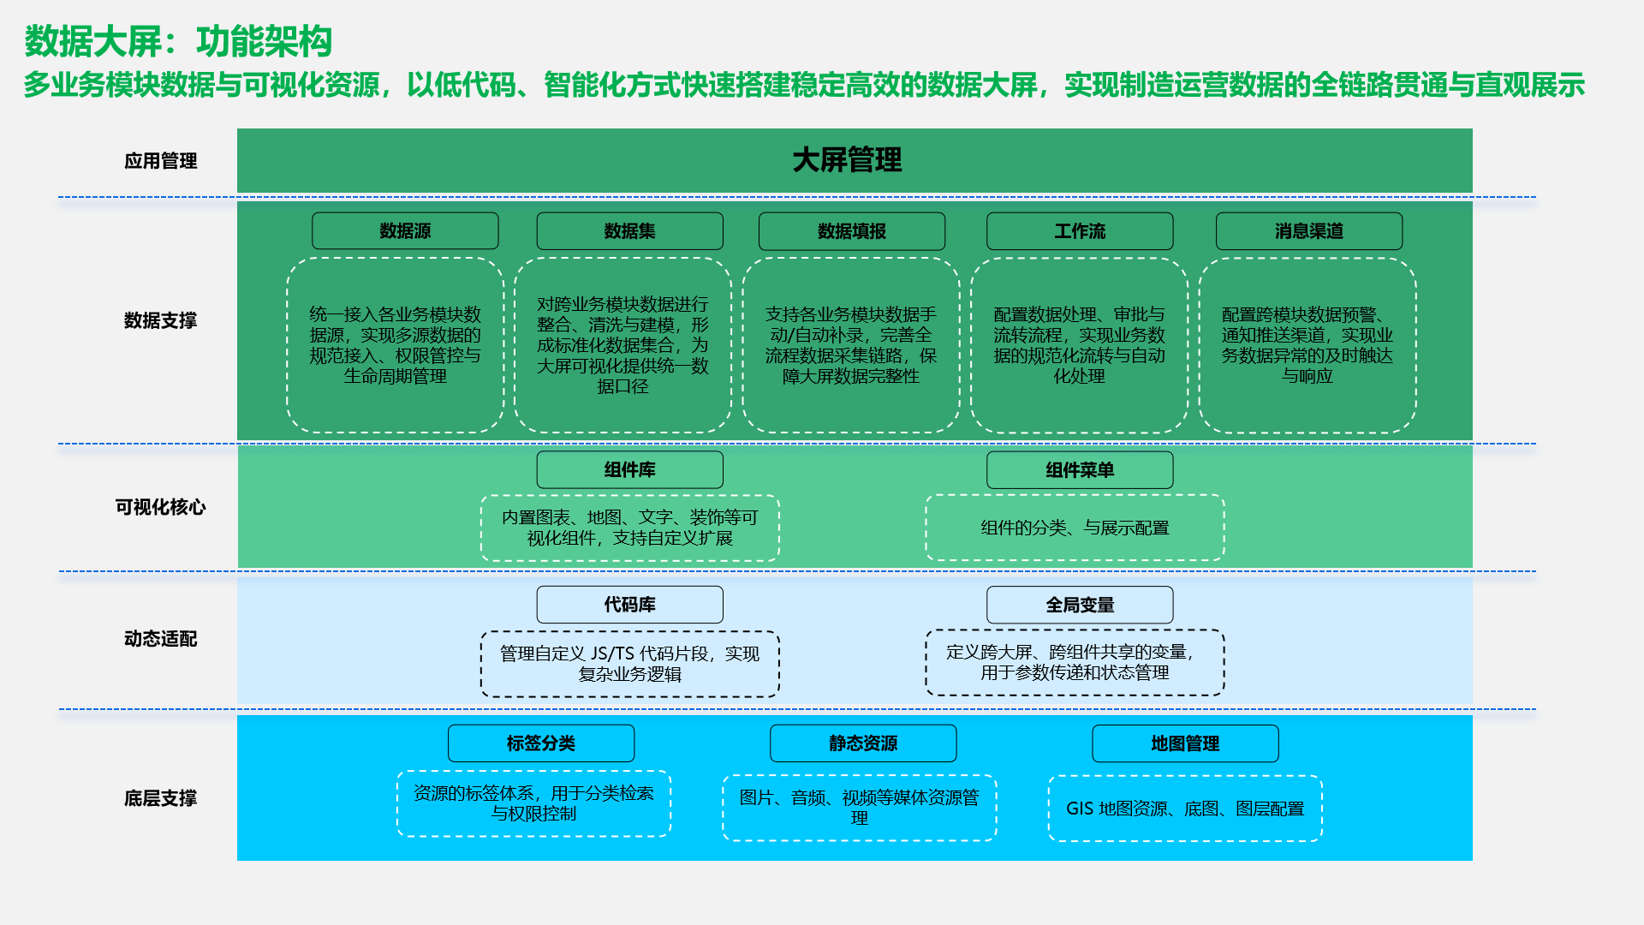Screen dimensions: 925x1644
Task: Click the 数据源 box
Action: [x=405, y=231]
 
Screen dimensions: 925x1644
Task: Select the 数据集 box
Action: [x=629, y=231]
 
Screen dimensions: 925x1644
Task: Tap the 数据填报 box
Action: [x=852, y=231]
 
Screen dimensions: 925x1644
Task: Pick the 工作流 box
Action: [x=1080, y=231]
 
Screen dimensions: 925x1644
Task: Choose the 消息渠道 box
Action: [x=1308, y=231]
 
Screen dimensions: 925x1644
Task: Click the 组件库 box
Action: [x=629, y=469]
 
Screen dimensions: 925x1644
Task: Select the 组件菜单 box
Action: [x=1080, y=469]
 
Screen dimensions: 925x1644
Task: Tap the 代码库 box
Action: [x=629, y=605]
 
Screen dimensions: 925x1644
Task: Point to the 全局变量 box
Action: [x=1080, y=605]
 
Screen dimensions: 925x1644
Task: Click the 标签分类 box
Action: [x=541, y=743]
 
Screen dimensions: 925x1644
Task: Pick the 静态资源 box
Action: [x=863, y=743]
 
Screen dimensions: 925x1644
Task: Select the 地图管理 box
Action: [x=1185, y=743]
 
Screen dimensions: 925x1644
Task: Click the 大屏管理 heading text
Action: [x=847, y=160]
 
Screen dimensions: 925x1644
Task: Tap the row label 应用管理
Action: [x=160, y=161]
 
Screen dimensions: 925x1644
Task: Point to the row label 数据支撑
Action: [x=160, y=320]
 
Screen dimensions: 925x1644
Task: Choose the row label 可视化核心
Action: [x=160, y=507]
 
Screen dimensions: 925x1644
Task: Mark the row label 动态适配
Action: [x=160, y=639]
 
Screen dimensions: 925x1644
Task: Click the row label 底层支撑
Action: [x=160, y=798]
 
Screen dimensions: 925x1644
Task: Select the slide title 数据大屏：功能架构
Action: [x=178, y=41]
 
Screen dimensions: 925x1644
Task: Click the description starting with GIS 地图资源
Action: [x=1185, y=809]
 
